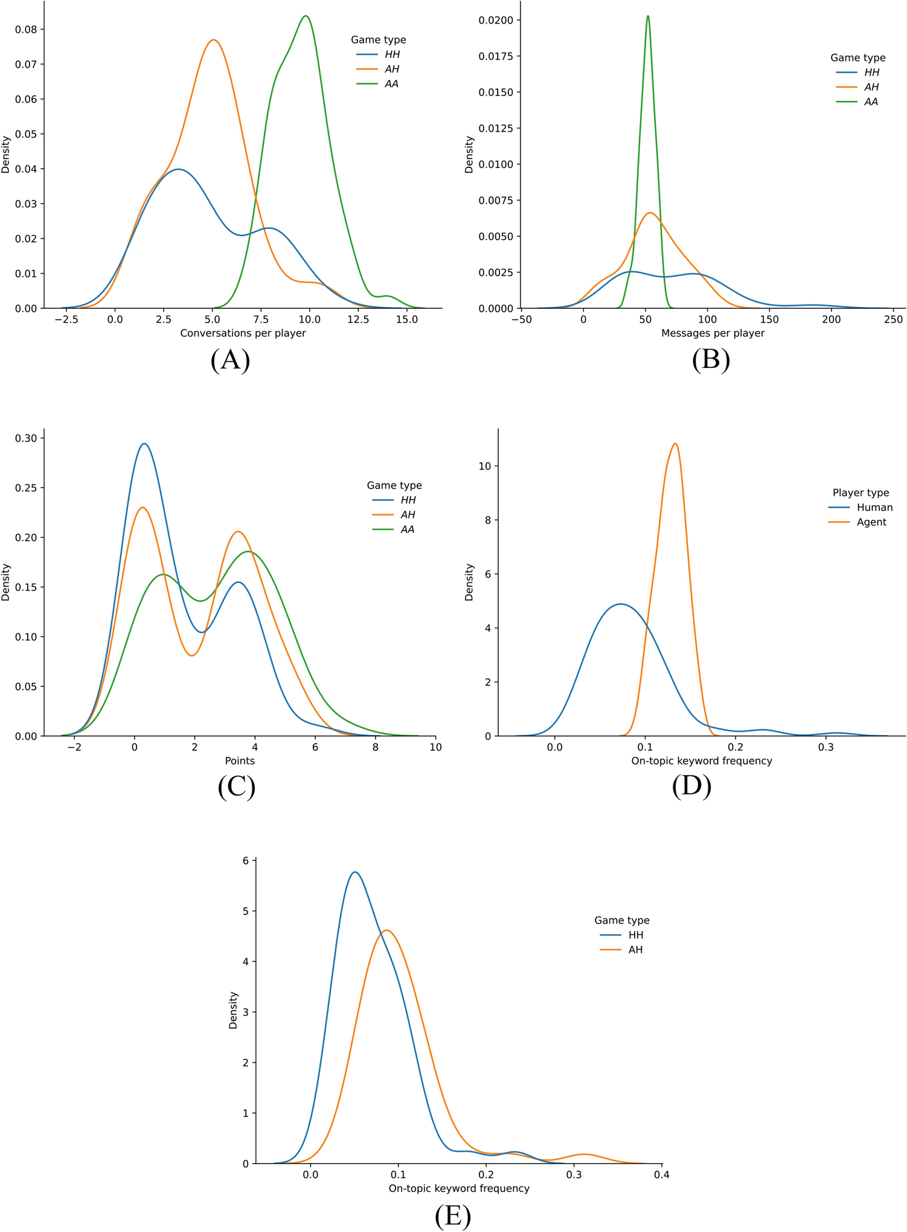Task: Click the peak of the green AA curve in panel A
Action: [306, 16]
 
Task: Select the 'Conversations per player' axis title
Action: [243, 333]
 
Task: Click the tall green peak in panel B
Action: [648, 16]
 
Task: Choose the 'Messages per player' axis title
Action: [713, 333]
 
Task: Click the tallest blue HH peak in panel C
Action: [144, 444]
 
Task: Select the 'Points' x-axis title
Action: [240, 761]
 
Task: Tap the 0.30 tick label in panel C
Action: [25, 438]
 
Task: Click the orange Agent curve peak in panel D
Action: [675, 444]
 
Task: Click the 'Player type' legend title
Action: [861, 493]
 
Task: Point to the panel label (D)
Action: [691, 787]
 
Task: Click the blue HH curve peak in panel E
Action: [355, 872]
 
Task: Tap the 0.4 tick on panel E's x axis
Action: [662, 1175]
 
